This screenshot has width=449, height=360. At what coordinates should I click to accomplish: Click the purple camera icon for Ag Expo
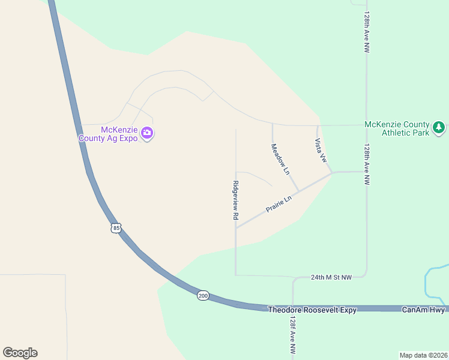147,133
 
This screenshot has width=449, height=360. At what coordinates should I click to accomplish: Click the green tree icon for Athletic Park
439,127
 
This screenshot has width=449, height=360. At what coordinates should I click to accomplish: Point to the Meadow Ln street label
280,159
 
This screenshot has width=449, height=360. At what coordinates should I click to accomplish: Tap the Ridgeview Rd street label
236,200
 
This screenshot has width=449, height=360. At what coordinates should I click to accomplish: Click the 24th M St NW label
330,277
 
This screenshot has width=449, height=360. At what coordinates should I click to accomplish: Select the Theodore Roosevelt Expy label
312,310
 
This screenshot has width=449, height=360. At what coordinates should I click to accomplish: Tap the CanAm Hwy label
423,310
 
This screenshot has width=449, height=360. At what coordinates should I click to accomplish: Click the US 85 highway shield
116,228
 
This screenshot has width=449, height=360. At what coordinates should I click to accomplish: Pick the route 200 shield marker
203,296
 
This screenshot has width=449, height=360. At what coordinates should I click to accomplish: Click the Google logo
20,353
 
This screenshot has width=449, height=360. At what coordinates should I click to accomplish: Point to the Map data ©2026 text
423,355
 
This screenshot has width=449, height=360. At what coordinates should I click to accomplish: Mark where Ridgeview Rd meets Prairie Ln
236,228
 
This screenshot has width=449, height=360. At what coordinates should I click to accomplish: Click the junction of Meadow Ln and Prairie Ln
299,192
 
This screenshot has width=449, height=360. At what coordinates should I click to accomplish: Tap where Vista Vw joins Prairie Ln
332,173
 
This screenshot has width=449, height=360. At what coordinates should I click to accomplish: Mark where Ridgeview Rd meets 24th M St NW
236,275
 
